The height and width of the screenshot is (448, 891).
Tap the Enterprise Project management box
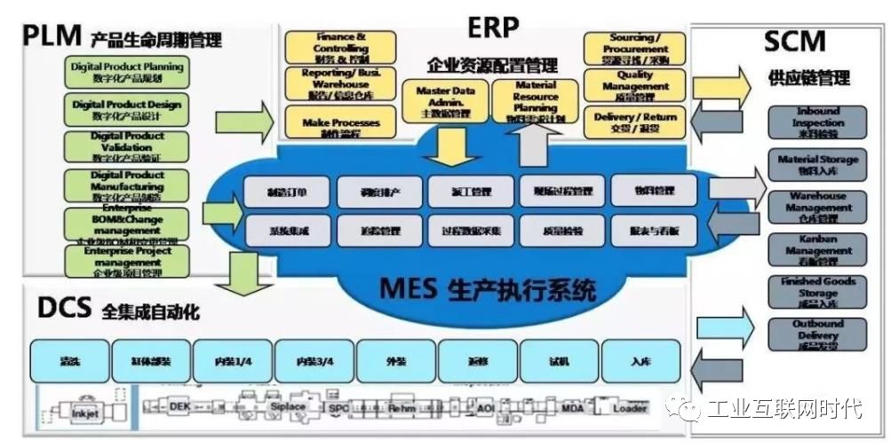pyautogui.click(x=127, y=261)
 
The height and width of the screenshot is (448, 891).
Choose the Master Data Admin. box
pyautogui.click(x=445, y=101)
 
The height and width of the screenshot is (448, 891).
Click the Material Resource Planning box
pyautogui.click(x=535, y=101)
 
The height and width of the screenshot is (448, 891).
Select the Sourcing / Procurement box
pyautogui.click(x=634, y=48)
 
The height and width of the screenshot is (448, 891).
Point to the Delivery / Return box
pyautogui.click(x=634, y=122)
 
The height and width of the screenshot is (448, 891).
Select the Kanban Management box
pyautogui.click(x=817, y=251)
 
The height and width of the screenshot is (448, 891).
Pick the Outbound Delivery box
pyautogui.click(x=817, y=336)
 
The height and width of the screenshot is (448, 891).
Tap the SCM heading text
pyautogui.click(x=794, y=41)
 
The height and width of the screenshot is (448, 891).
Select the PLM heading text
pyautogui.click(x=52, y=36)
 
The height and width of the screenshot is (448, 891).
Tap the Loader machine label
pyautogui.click(x=630, y=409)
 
